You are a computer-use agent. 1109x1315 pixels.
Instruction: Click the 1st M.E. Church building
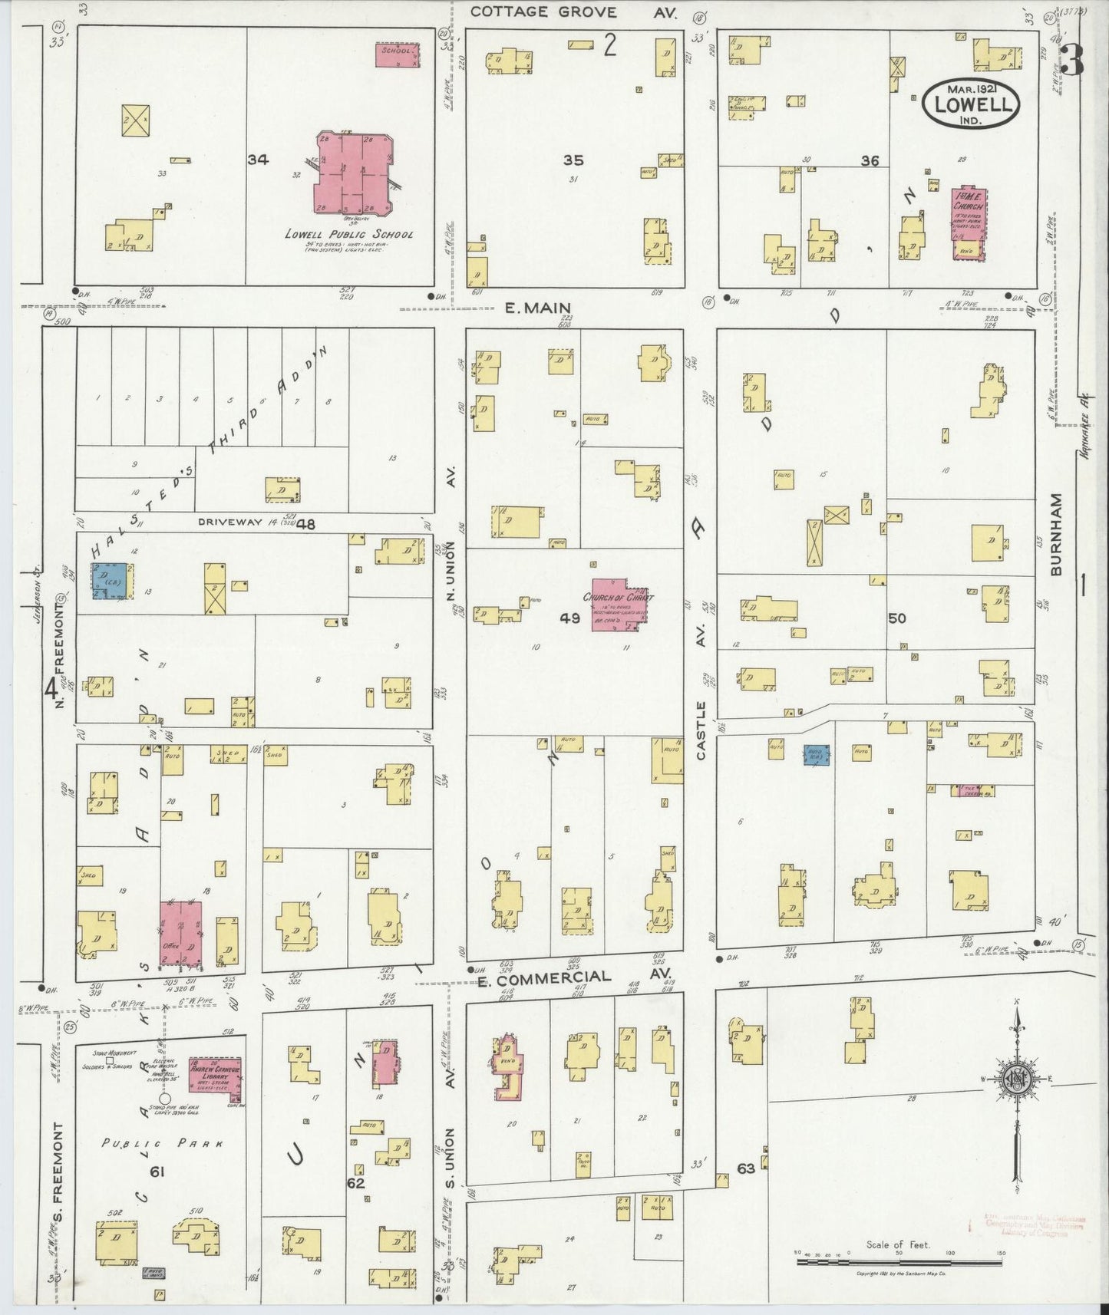click(x=970, y=222)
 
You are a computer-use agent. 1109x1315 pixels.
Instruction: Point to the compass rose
click(x=1017, y=1078)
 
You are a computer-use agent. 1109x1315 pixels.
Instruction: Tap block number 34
click(x=258, y=160)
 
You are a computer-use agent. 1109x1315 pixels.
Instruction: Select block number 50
click(x=896, y=618)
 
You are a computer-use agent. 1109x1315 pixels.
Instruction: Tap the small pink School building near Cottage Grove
click(x=398, y=54)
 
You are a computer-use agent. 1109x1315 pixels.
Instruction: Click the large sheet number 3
click(x=1072, y=61)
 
